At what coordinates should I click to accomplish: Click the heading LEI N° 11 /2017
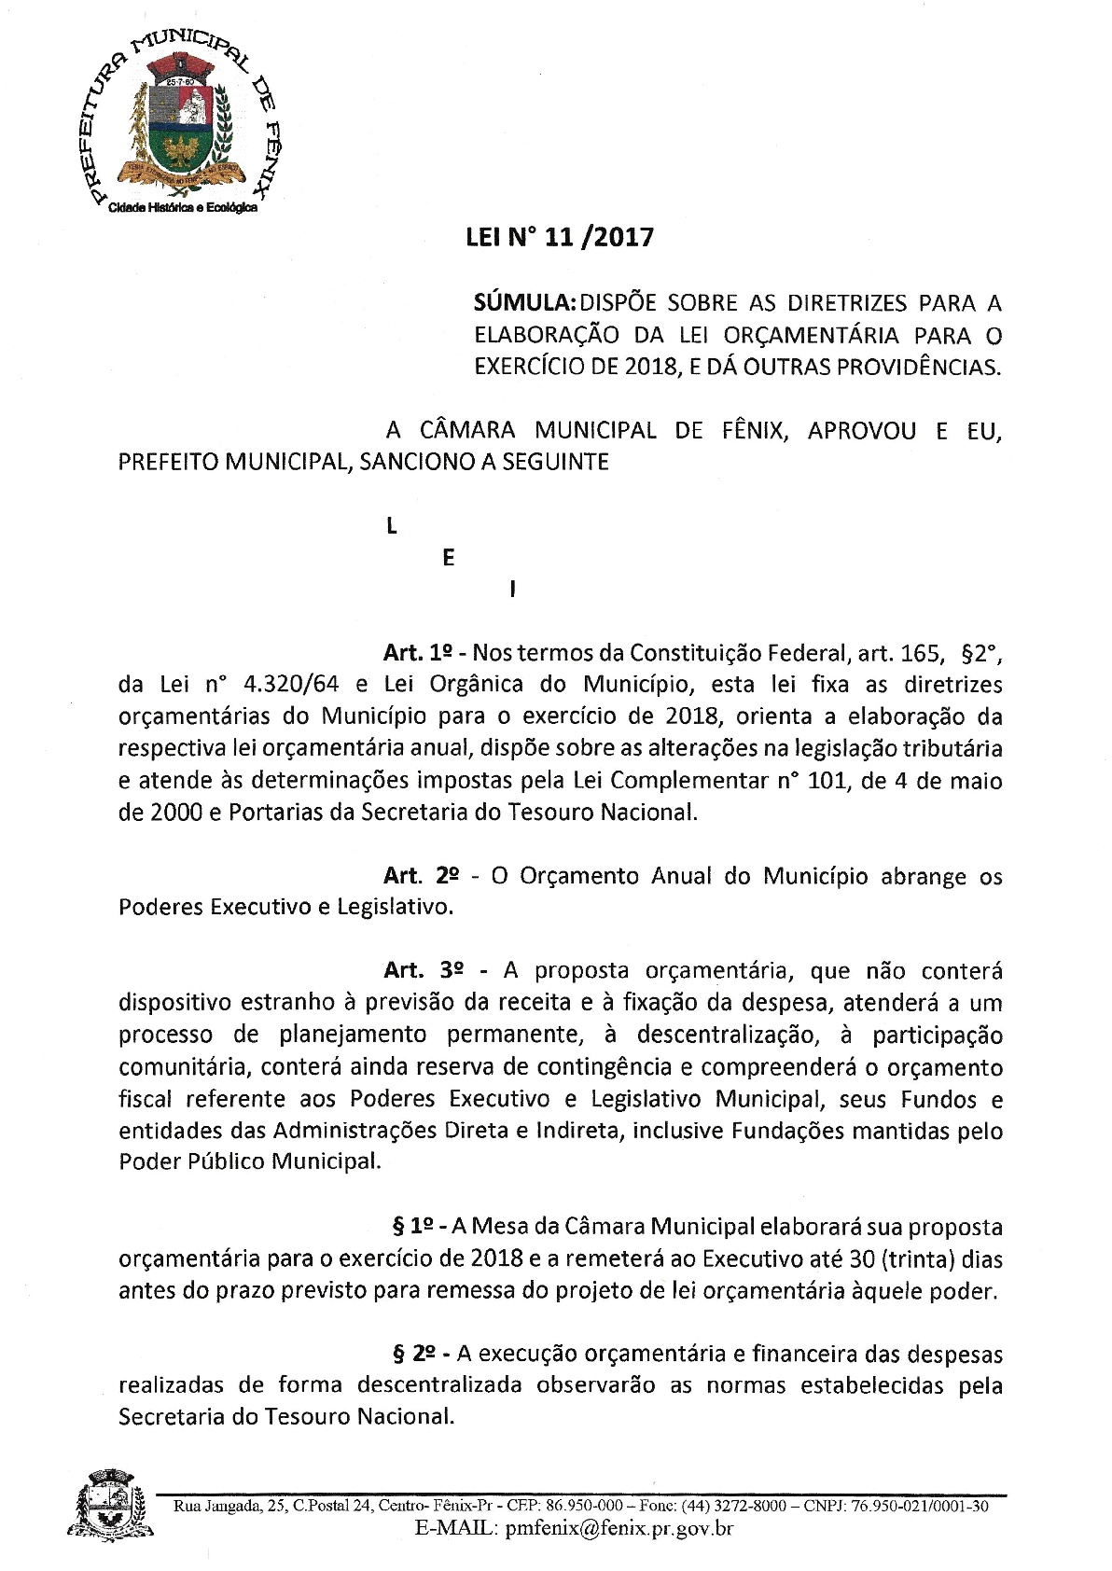[x=560, y=238]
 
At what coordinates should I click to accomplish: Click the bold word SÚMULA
[x=524, y=303]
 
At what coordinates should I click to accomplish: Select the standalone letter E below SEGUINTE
[x=449, y=558]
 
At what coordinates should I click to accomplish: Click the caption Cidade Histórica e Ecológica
[x=183, y=209]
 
